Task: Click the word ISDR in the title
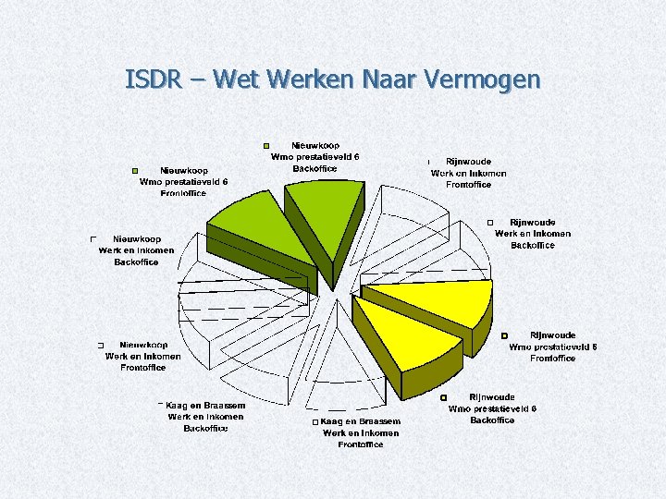click(153, 80)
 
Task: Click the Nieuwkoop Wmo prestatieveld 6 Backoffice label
click(314, 157)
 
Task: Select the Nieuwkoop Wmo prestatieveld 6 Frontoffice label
click(183, 182)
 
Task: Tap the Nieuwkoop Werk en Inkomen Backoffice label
click(136, 250)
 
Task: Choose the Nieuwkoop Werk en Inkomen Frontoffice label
click(143, 356)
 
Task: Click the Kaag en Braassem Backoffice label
click(205, 417)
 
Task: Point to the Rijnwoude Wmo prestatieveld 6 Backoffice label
click(492, 408)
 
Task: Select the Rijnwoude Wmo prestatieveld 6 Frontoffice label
click(552, 347)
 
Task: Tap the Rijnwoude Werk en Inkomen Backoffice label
click(533, 234)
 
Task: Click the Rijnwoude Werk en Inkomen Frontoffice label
click(469, 173)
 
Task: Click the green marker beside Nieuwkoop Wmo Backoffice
click(266, 146)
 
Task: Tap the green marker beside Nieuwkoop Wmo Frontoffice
click(134, 172)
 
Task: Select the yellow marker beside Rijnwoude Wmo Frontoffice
click(505, 335)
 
